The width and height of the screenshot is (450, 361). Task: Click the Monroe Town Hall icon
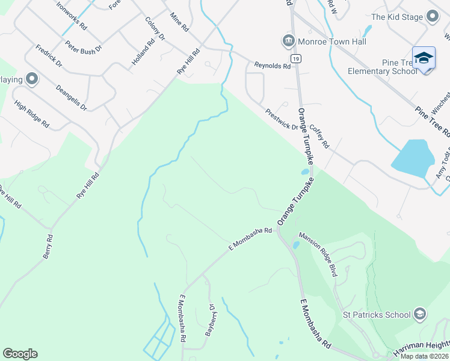click(288, 42)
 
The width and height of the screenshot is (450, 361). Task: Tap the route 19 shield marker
click(295, 58)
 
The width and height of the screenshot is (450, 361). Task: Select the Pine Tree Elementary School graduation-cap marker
click(424, 58)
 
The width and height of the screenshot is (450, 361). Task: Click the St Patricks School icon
click(419, 314)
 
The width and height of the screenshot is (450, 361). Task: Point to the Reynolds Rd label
click(273, 64)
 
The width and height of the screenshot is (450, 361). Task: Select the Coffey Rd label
click(320, 137)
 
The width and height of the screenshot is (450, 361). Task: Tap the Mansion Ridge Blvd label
click(318, 254)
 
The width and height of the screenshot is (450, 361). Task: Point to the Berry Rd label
click(48, 247)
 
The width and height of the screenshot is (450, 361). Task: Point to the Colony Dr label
click(155, 28)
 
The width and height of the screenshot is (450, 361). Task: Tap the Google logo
click(20, 354)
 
